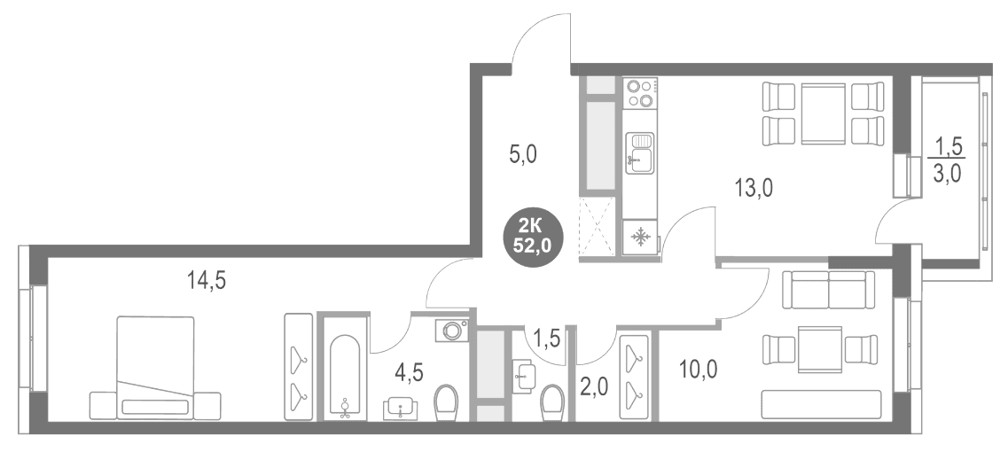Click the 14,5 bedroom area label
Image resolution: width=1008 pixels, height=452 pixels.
[207, 281]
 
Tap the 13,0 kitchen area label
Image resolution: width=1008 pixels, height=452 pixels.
[754, 189]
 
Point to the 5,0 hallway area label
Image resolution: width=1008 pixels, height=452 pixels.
[523, 155]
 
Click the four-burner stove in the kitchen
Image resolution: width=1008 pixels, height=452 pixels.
[640, 93]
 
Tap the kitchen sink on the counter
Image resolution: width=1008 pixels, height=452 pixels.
[640, 152]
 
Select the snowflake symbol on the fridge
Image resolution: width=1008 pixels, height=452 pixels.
[640, 238]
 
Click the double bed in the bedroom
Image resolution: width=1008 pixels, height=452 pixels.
[155, 368]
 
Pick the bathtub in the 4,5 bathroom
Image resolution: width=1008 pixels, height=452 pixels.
[345, 377]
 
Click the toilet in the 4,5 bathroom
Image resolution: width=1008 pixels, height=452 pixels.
[445, 403]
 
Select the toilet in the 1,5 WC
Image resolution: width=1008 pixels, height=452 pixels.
[552, 403]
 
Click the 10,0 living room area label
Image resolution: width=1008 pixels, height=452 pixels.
[698, 369]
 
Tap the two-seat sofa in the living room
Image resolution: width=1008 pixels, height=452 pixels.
[828, 290]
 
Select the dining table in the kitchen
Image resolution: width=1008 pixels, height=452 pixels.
[824, 113]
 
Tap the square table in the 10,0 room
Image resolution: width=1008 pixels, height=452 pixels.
[820, 349]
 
